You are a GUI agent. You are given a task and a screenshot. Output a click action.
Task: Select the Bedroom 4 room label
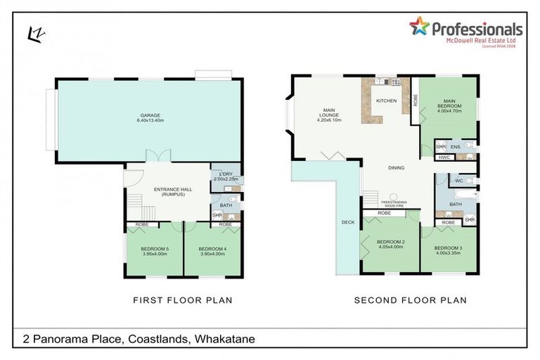click(212, 249)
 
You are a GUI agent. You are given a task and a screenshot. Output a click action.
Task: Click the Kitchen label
click(386, 101)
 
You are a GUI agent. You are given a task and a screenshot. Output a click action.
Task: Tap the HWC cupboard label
click(444, 157)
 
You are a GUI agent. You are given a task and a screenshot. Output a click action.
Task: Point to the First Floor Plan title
click(183, 300)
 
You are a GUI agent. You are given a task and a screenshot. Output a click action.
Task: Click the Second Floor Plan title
click(410, 300)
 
